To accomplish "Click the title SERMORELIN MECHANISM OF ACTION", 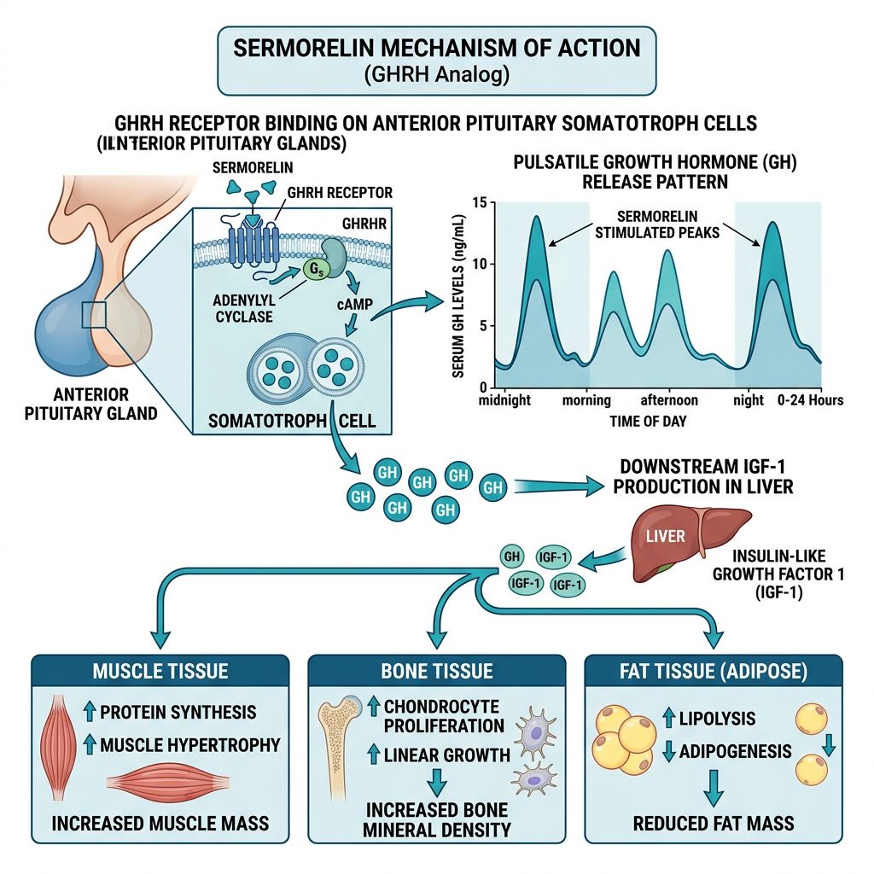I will (436, 46).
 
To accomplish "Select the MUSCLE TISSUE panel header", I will (160, 671).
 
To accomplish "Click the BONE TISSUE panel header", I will (436, 671).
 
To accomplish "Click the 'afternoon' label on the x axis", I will (669, 400).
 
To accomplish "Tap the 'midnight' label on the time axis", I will (505, 400).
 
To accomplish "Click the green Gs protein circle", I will (314, 271).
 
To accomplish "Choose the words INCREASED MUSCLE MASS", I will (160, 824).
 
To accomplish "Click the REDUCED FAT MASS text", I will (714, 824).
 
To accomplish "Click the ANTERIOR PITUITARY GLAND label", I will (92, 404).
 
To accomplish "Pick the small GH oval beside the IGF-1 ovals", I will (512, 556).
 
